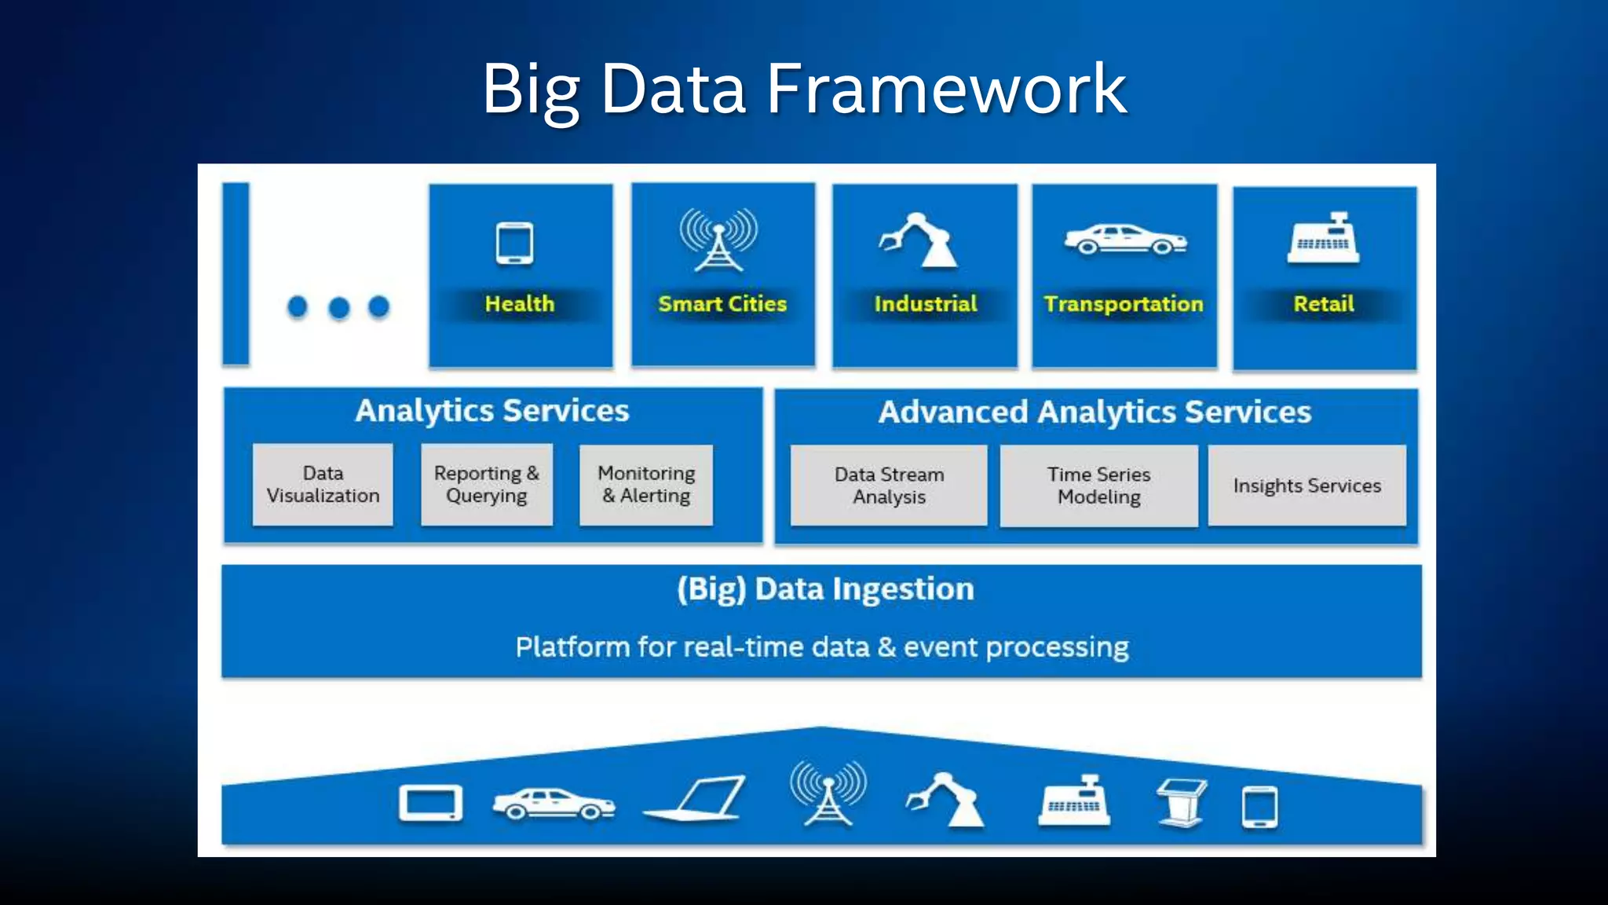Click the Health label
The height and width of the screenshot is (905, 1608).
(519, 304)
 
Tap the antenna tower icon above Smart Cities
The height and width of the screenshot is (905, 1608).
(718, 240)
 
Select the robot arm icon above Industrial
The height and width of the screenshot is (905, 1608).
(919, 240)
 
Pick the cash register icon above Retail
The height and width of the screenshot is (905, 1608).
(1323, 238)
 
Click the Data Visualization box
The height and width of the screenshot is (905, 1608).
(323, 485)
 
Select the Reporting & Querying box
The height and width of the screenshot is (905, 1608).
(487, 485)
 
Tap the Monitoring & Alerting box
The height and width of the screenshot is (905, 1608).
(646, 485)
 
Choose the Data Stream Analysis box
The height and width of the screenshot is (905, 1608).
(889, 486)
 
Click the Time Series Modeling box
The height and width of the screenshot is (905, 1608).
(1098, 486)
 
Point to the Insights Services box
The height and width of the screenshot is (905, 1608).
(1306, 486)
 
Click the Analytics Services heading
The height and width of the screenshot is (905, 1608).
(492, 411)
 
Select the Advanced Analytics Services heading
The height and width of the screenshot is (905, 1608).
(1095, 412)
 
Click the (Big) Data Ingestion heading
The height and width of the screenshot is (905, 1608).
(825, 589)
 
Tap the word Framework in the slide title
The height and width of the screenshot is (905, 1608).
(946, 89)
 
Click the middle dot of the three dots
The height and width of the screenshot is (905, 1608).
(338, 307)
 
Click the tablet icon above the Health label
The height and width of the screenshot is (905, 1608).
(515, 244)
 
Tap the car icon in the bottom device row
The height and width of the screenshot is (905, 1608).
(554, 804)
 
